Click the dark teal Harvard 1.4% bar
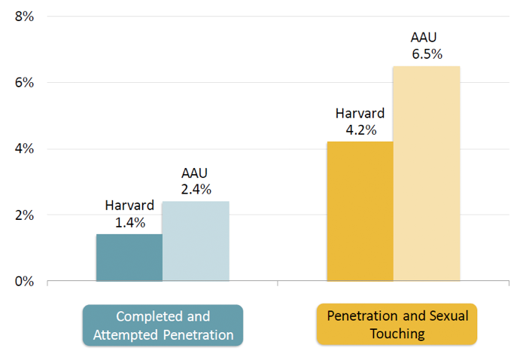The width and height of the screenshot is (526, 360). (x=129, y=258)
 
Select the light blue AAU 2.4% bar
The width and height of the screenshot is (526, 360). (x=196, y=241)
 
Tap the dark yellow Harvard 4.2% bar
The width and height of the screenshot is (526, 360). (x=360, y=211)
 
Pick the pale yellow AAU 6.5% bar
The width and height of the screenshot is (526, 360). (x=427, y=174)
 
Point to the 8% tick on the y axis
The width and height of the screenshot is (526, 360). (x=24, y=17)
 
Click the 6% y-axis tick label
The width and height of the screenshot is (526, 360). (x=24, y=83)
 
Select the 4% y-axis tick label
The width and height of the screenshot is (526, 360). (x=24, y=149)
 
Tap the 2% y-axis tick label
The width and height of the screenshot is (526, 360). (x=24, y=215)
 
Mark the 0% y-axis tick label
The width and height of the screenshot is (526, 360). (x=24, y=281)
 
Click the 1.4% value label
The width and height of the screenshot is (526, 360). (x=130, y=223)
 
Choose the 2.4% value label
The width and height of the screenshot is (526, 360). (x=196, y=190)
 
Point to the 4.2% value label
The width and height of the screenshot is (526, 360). (x=361, y=130)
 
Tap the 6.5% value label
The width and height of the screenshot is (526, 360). (x=427, y=54)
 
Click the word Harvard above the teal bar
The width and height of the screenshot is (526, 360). (x=129, y=206)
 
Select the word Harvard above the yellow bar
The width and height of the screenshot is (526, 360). (x=360, y=114)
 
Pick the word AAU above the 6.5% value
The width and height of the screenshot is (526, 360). (x=424, y=38)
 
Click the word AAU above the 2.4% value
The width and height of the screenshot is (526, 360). (x=195, y=173)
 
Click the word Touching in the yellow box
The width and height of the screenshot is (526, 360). (x=397, y=334)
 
